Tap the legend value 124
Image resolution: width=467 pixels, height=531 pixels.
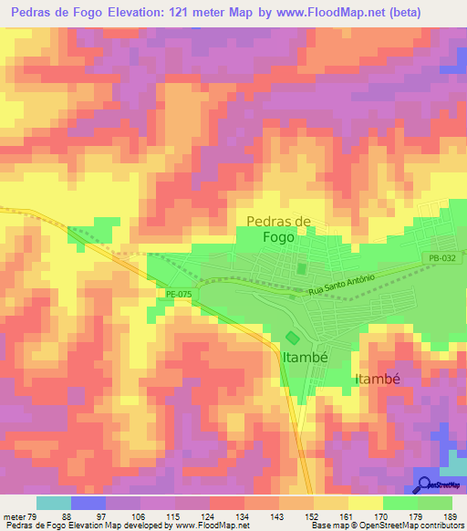(207, 517)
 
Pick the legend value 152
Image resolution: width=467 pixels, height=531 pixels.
(310, 517)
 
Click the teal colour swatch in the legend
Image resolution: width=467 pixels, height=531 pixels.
(54, 503)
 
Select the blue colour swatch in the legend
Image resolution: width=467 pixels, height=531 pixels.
(88, 503)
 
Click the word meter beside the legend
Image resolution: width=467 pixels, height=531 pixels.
(15, 517)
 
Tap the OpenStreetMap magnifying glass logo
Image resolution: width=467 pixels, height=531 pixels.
(424, 485)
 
